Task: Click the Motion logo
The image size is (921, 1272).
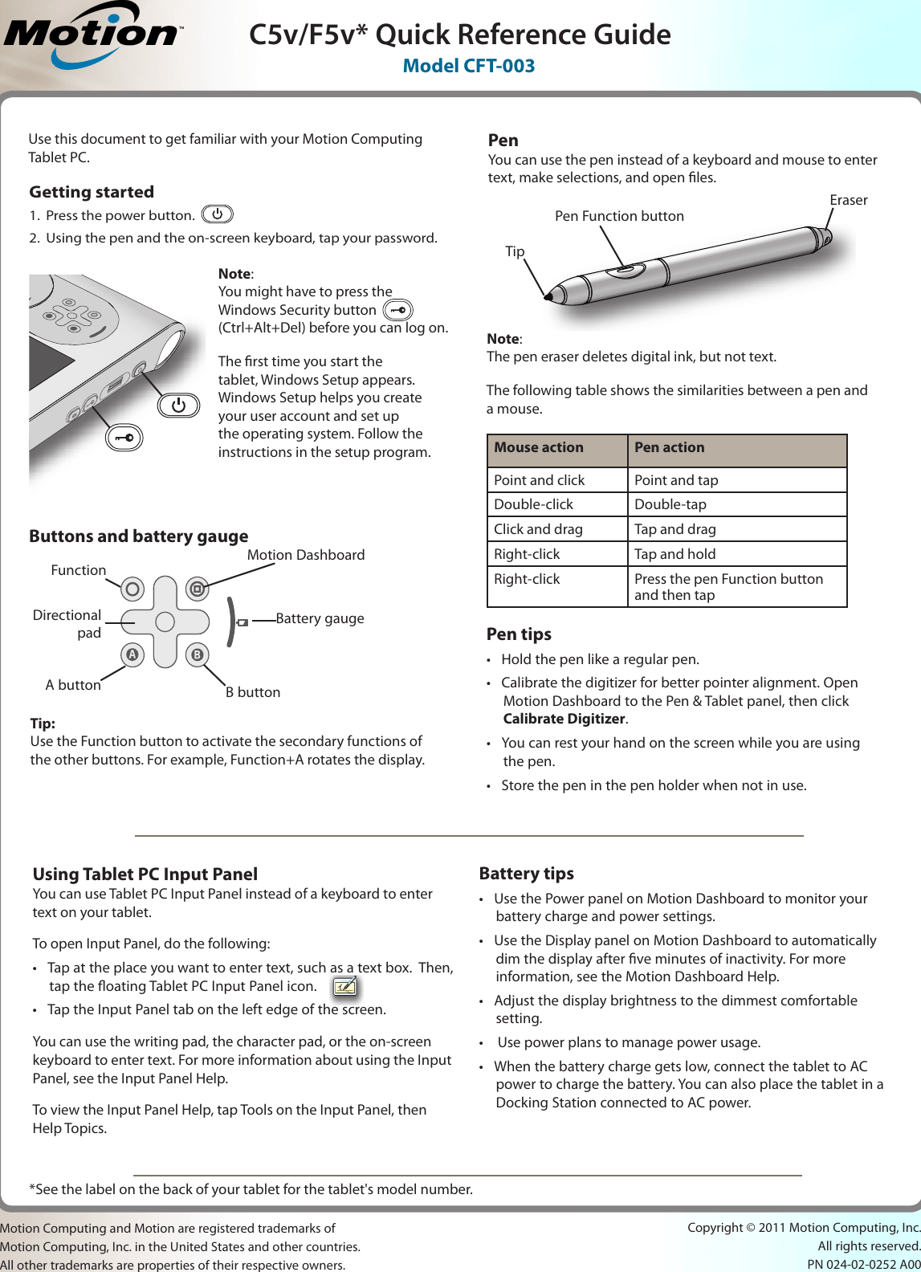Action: tap(92, 35)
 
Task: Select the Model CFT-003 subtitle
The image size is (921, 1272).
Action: tap(468, 66)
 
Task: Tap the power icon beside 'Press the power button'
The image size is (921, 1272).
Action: tap(217, 214)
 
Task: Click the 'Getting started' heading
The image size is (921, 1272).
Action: tap(92, 192)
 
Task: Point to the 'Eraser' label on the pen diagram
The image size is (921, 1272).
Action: tap(848, 200)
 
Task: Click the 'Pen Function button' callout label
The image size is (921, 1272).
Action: tap(619, 216)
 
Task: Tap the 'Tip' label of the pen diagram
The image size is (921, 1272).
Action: tap(515, 251)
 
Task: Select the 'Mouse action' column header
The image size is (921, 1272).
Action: tap(539, 448)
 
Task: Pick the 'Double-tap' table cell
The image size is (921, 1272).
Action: tap(670, 504)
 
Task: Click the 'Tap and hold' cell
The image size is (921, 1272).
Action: tap(674, 554)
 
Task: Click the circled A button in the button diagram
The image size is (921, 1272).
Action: tap(132, 654)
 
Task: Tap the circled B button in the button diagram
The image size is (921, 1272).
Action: tap(197, 654)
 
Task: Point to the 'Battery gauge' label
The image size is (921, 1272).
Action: tap(320, 618)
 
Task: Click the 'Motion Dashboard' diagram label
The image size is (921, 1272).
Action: tap(305, 555)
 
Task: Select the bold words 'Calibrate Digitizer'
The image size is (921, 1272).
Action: tap(564, 719)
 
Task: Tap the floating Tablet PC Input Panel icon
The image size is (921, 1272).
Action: tap(345, 986)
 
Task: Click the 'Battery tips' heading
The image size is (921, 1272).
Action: tap(526, 874)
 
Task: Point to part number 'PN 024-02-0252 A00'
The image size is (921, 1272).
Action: tap(863, 1264)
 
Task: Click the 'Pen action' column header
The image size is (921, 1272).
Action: tap(669, 448)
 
